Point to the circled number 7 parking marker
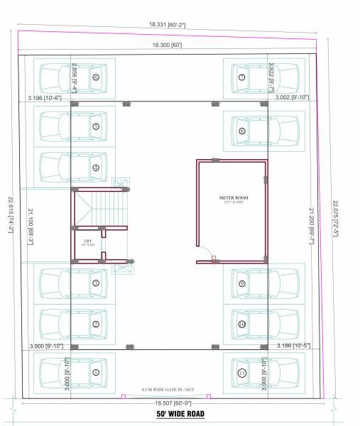tap(242, 77)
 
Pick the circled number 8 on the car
tap(242, 131)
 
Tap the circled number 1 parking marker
tap(95, 371)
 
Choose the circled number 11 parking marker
tap(242, 372)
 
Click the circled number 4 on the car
tap(95, 168)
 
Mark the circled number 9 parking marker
tap(242, 283)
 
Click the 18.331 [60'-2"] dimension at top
tap(167, 25)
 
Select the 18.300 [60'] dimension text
tap(167, 45)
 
